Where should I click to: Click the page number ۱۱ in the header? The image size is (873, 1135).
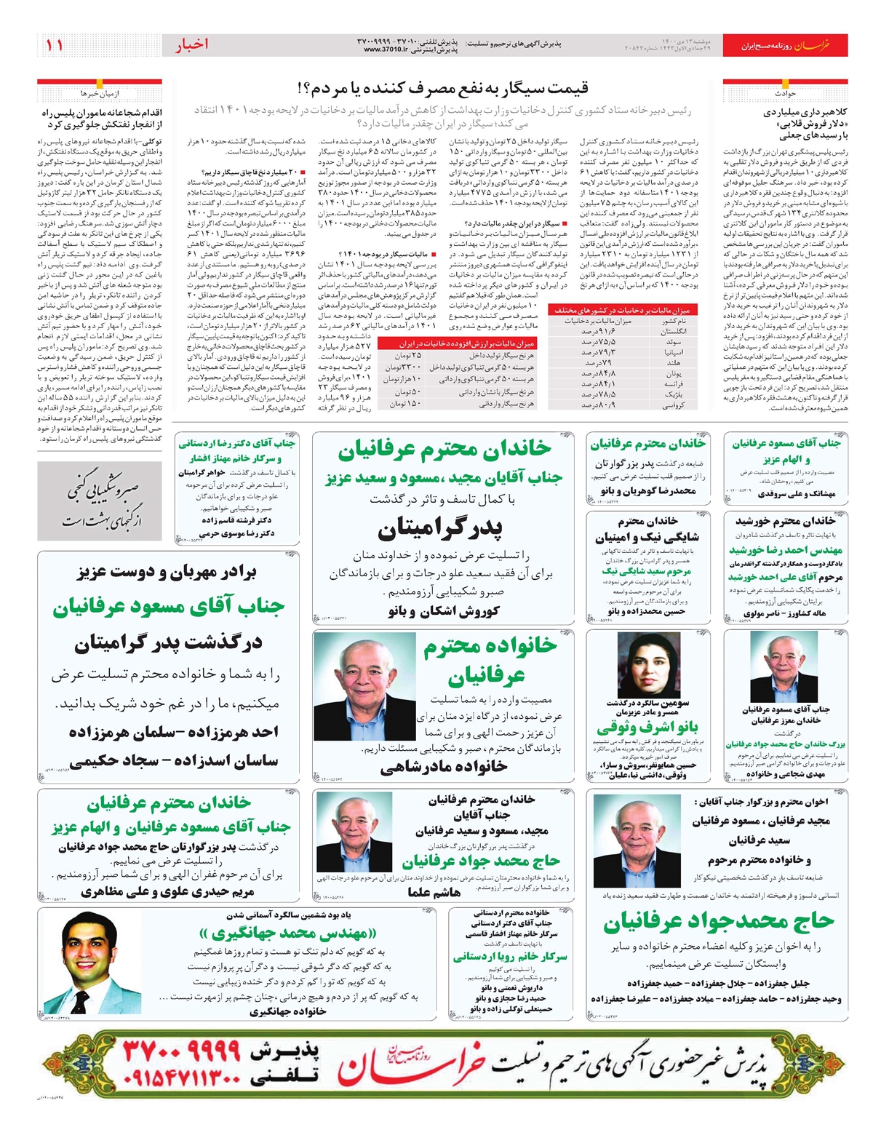tap(55, 45)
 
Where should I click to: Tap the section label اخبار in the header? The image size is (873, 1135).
tap(191, 45)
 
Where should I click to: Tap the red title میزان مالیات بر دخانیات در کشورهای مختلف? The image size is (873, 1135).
tap(623, 310)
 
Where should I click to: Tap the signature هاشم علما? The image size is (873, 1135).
tap(434, 892)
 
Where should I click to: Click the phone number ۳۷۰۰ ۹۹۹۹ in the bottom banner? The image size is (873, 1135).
tap(181, 1050)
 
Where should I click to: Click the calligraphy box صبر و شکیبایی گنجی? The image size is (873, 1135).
tap(100, 501)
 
